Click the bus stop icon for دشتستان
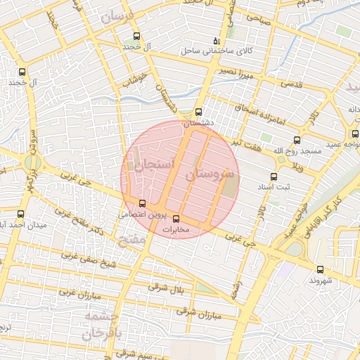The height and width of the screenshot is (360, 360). (198, 112)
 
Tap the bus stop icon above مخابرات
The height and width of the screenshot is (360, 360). (176, 218)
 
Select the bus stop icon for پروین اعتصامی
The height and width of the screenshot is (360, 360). (143, 203)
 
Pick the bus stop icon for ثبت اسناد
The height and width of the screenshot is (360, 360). (274, 176)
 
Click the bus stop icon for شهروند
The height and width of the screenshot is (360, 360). (321, 269)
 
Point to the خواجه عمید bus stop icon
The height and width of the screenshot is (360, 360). (354, 134)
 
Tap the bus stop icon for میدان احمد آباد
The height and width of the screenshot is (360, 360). (20, 214)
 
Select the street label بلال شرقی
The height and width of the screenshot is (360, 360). (167, 288)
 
